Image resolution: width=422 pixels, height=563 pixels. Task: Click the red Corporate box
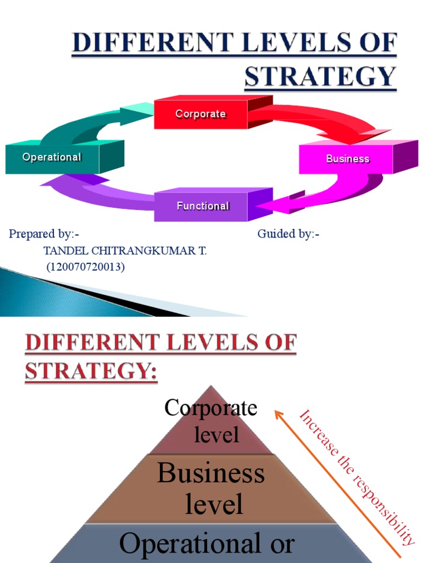[x=201, y=114]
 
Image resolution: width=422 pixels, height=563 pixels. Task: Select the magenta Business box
[x=347, y=159]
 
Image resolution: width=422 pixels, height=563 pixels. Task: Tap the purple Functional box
[x=202, y=207]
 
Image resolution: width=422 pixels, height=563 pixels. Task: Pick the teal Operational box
[x=52, y=158]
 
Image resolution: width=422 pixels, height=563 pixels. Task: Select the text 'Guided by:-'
[x=288, y=234]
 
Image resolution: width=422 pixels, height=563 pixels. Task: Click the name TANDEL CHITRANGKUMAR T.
[x=125, y=251]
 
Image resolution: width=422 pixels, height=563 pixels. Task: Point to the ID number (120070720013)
[x=85, y=268]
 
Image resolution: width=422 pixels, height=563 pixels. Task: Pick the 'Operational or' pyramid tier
[x=207, y=544]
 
